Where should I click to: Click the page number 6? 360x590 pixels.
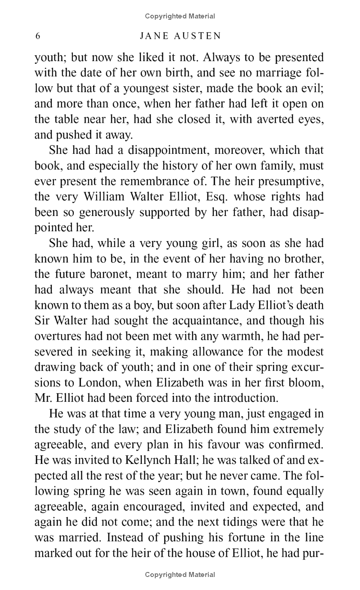38,36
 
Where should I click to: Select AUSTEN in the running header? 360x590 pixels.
198,36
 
